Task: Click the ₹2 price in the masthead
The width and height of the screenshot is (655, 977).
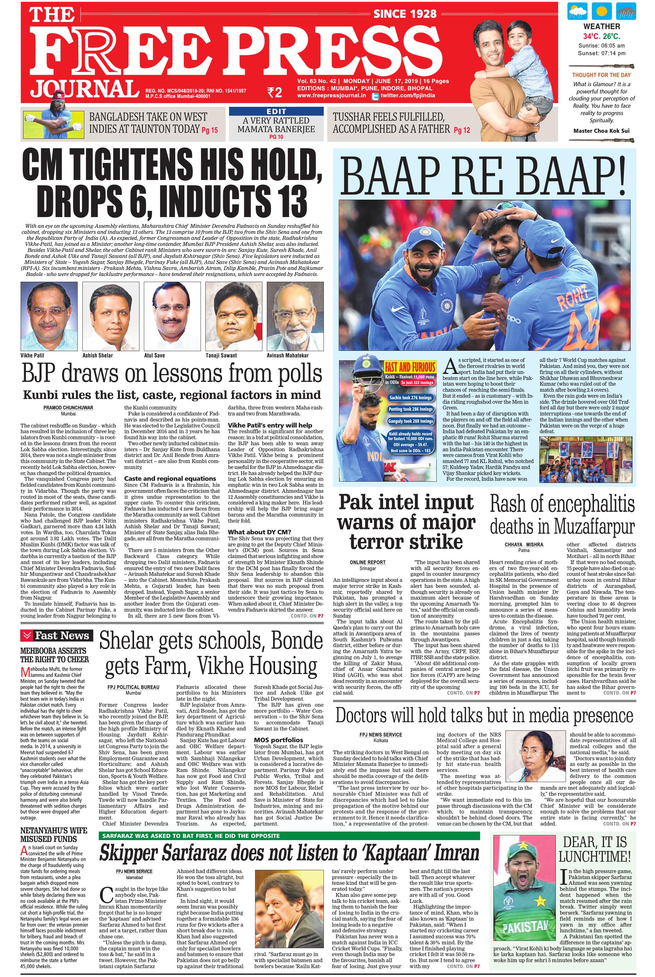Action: click(x=275, y=92)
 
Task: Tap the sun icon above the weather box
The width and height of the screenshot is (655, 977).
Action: click(x=601, y=12)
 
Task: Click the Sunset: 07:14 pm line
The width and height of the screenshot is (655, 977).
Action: click(x=601, y=53)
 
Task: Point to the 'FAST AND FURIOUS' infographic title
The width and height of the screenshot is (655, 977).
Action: click(x=410, y=368)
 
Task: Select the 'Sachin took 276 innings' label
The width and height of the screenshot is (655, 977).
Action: click(x=410, y=398)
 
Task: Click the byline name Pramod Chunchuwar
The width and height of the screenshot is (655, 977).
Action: click(x=68, y=407)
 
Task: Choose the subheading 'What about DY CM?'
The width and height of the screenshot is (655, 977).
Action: click(x=254, y=532)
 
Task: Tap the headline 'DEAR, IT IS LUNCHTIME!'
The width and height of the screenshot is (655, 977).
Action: click(x=594, y=849)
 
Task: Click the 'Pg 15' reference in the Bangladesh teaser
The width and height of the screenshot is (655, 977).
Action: click(x=210, y=130)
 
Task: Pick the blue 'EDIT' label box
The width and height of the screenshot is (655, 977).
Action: click(x=276, y=111)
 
